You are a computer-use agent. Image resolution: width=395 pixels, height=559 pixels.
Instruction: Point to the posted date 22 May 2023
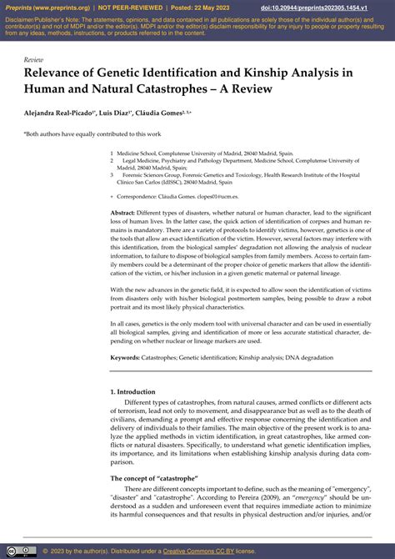[x=202, y=6]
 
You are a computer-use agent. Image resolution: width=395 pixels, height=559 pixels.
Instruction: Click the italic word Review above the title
[x=34, y=61]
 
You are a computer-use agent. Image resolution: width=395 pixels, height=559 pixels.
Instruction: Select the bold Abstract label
[x=123, y=214]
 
